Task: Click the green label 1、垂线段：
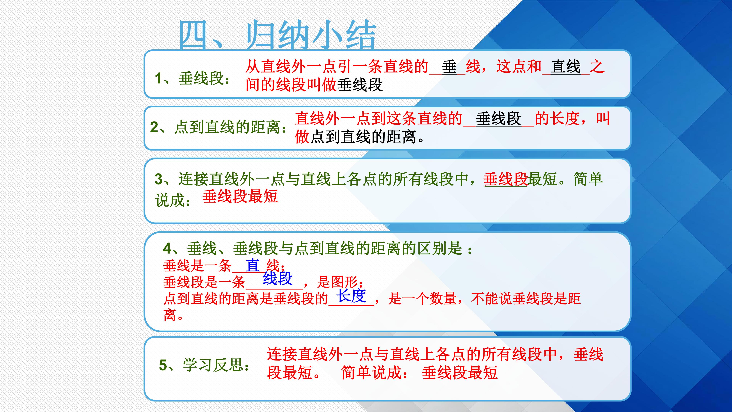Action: tap(193, 78)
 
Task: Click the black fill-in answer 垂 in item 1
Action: tap(449, 67)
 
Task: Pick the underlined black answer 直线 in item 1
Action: tap(565, 67)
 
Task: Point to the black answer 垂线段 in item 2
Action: tap(498, 119)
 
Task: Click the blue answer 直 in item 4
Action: tap(252, 266)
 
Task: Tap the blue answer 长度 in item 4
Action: tap(351, 296)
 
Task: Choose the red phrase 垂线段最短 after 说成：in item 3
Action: tap(240, 196)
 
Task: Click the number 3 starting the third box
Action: tap(159, 179)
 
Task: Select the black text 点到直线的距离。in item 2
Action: tap(367, 137)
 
